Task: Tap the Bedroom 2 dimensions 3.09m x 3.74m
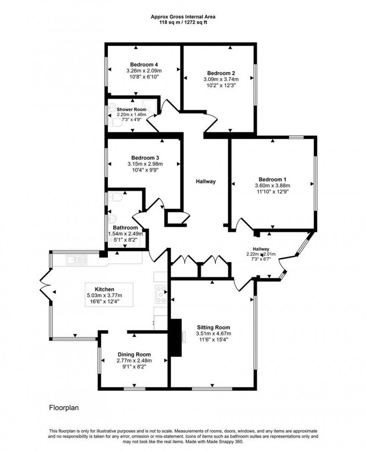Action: click(221, 79)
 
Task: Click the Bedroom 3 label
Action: click(145, 157)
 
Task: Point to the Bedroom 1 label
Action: click(272, 179)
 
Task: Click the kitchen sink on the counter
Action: click(77, 259)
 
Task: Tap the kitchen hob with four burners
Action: click(161, 294)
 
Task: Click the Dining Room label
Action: click(134, 354)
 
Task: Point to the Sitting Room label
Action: click(213, 328)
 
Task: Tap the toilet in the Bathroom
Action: click(114, 197)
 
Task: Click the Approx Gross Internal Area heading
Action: click(183, 16)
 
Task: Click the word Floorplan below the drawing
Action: click(64, 408)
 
